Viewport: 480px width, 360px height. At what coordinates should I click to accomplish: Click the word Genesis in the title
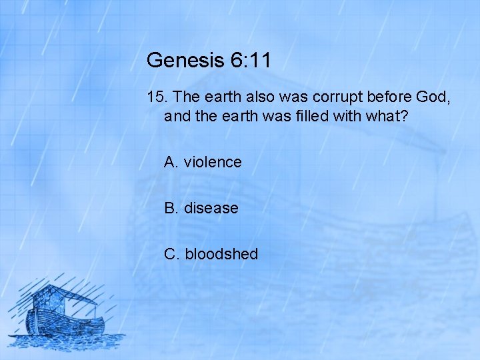184,61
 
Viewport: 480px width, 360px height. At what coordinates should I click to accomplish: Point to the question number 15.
157,97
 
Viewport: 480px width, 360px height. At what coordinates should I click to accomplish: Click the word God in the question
436,97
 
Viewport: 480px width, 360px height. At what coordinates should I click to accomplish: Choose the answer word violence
213,162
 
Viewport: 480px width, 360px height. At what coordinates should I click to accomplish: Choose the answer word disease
211,208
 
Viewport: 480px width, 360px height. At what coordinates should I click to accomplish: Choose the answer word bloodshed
221,254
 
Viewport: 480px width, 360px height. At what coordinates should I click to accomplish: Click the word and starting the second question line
177,117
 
